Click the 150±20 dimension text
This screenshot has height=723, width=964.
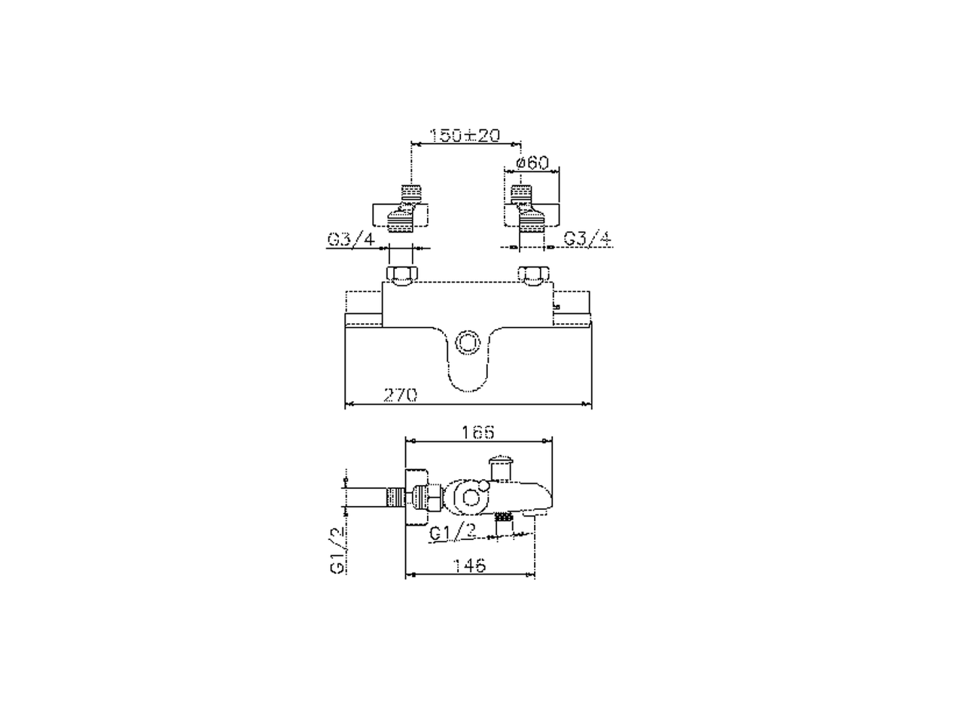(x=464, y=135)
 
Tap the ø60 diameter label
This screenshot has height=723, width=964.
(x=532, y=163)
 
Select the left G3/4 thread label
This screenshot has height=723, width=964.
(x=352, y=239)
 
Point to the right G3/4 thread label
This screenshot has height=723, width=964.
(x=587, y=239)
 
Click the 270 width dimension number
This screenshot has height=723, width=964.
(x=400, y=395)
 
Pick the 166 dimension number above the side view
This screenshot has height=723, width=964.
(x=477, y=433)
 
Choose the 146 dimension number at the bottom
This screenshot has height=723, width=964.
(x=469, y=566)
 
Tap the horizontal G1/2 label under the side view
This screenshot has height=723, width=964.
(x=453, y=533)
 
